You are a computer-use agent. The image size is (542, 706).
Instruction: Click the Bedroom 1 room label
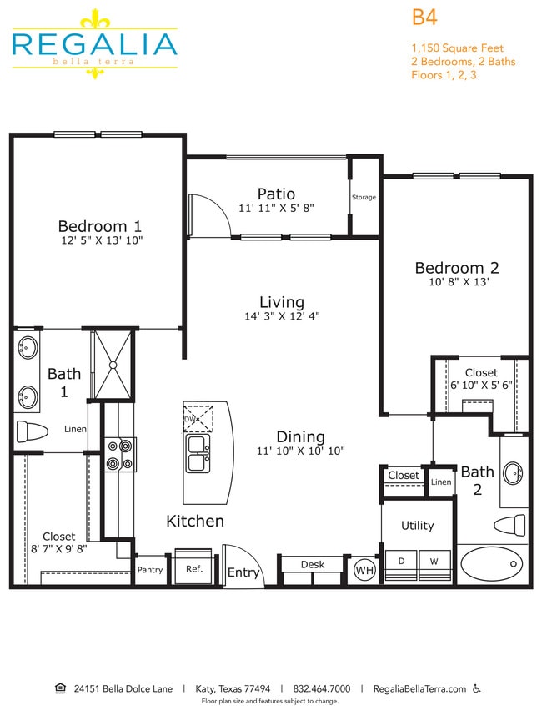[x=99, y=225]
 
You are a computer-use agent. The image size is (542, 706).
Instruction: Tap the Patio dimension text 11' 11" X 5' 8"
[x=276, y=209]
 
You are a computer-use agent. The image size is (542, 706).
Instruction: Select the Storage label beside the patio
[x=364, y=198]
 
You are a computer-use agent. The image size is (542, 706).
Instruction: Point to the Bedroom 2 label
[x=457, y=268]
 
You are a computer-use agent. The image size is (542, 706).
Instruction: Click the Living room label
[x=281, y=302]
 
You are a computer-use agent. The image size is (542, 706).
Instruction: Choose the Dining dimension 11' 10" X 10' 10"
[x=301, y=451]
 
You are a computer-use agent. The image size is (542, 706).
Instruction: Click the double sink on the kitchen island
[x=198, y=453]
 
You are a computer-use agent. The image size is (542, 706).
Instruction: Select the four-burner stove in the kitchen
[x=119, y=456]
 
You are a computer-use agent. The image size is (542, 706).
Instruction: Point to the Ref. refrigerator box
[x=194, y=569]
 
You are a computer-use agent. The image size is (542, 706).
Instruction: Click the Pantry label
[x=150, y=570]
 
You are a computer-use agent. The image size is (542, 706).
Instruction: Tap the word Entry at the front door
[x=243, y=572]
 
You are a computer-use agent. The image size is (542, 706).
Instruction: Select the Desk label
[x=313, y=565]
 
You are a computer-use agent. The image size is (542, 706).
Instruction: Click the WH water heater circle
[x=364, y=571]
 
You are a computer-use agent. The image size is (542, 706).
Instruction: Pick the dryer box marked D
[x=401, y=562]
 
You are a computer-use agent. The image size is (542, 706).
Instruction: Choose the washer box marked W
[x=434, y=562]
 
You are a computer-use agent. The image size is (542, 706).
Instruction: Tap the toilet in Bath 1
[x=32, y=432]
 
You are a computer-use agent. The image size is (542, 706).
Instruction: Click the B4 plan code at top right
[x=424, y=17]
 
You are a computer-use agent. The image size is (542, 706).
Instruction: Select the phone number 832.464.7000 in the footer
[x=322, y=689]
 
